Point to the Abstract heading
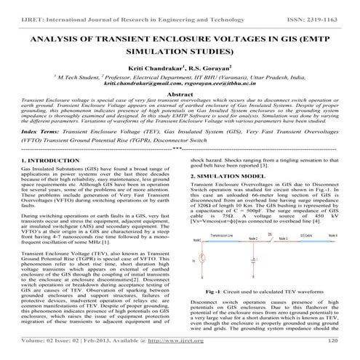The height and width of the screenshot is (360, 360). tap(180, 94)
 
